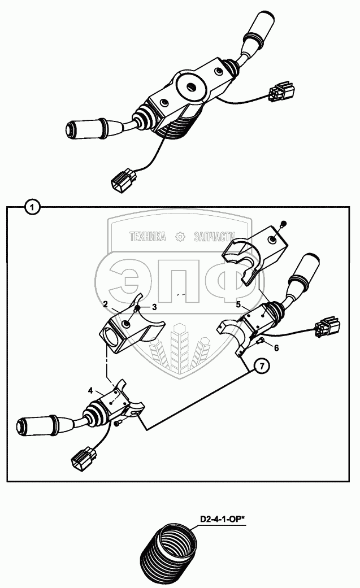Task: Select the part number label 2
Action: [106, 304]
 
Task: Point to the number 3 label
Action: [154, 307]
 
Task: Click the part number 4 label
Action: [90, 390]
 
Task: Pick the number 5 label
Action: [238, 304]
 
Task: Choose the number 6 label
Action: [276, 347]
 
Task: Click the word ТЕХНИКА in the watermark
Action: [148, 238]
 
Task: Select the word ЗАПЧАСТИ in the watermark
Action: [215, 238]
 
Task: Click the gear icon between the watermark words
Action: [180, 238]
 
